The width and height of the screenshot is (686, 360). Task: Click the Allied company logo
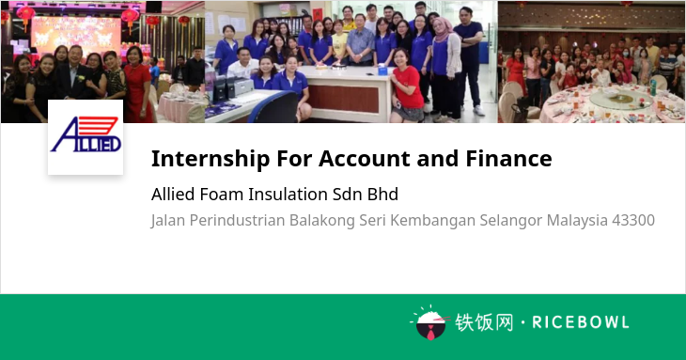[x=86, y=137]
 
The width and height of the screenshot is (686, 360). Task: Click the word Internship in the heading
[x=210, y=159]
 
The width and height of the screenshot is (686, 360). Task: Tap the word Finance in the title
[x=508, y=158]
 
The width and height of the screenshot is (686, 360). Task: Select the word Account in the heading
[x=365, y=158]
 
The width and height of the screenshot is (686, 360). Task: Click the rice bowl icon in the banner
[x=430, y=322]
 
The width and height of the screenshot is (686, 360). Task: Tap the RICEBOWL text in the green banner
[x=581, y=322]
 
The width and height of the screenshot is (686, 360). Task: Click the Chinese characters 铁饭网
[x=484, y=322]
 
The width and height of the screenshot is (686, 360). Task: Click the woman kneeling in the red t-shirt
[x=407, y=87]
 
